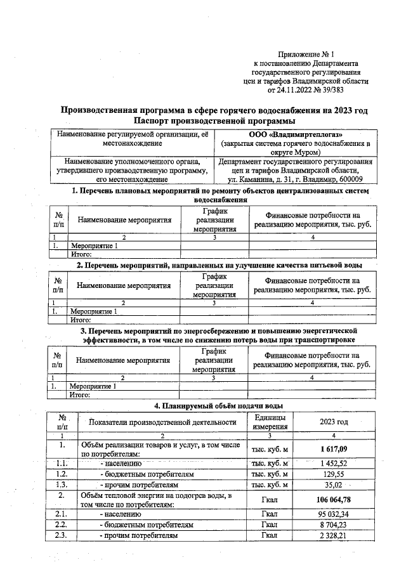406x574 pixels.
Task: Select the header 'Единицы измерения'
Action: tap(270, 422)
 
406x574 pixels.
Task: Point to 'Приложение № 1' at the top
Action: tap(306, 55)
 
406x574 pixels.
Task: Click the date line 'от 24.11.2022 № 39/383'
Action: tap(306, 91)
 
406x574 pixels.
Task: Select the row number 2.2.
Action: tap(62, 525)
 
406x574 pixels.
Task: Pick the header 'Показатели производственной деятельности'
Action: tap(162, 422)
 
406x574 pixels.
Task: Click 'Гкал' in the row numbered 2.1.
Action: tap(270, 514)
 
